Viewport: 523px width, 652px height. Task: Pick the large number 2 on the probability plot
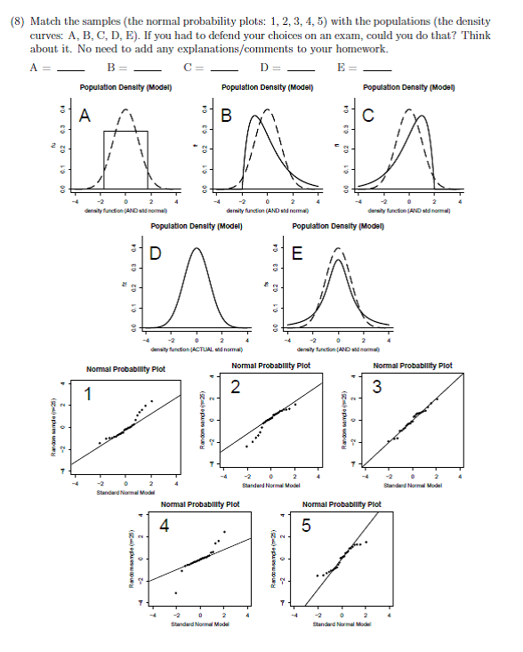(234, 386)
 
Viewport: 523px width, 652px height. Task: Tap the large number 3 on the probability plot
(376, 386)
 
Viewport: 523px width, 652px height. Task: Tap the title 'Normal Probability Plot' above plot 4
(199, 504)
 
